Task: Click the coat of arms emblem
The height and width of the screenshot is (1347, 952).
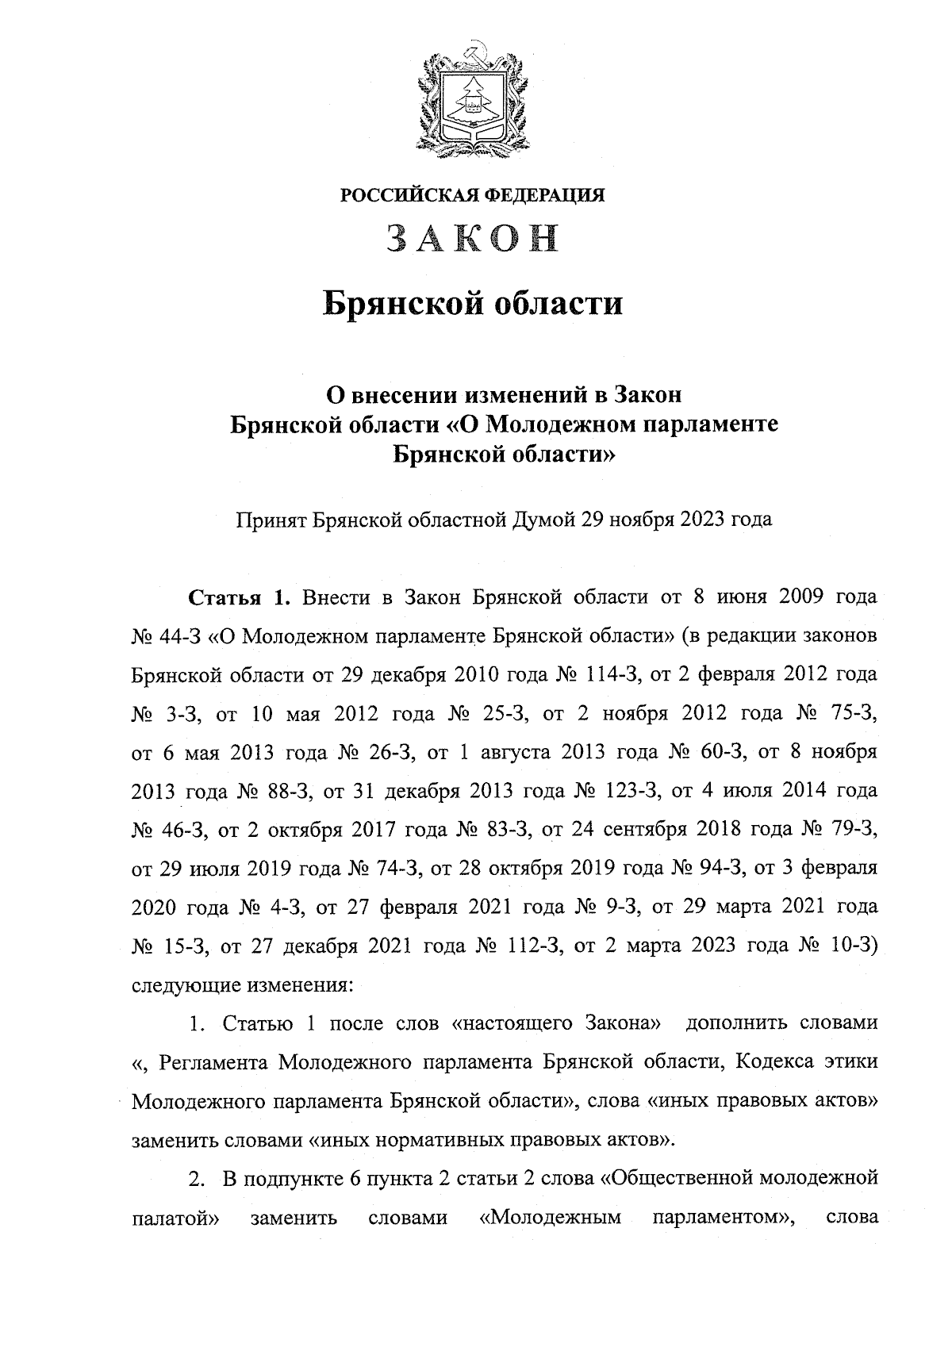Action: coord(473,98)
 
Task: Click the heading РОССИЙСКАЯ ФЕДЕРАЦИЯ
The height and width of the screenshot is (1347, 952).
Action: coord(473,194)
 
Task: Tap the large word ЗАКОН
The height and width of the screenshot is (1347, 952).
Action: coord(473,238)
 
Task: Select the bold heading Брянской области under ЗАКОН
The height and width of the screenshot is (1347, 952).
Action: coord(473,305)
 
